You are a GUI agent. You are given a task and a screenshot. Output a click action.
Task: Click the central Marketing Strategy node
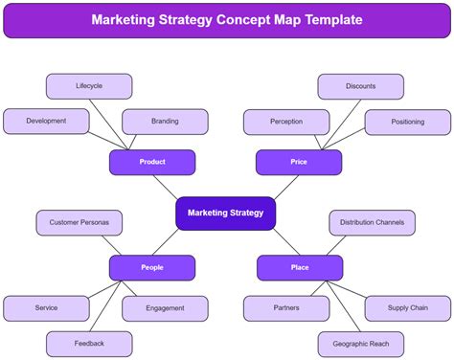225,213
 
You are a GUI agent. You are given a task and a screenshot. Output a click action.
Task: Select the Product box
152,162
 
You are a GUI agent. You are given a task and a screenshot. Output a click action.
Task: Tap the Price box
299,162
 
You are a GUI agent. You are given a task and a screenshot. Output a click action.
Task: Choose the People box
152,267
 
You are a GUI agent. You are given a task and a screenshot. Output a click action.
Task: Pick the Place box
300,267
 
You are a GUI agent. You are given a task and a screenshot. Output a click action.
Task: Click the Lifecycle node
89,86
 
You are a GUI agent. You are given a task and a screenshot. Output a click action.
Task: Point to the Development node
46,122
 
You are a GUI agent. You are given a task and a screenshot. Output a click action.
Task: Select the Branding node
165,122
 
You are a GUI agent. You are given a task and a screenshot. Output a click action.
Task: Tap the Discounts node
361,86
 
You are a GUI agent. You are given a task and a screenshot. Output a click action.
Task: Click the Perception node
286,122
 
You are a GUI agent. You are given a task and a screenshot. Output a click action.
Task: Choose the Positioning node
407,122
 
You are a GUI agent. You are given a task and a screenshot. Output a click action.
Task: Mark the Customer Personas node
79,222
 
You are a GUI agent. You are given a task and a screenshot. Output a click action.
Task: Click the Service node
46,308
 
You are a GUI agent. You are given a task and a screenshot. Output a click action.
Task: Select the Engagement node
165,308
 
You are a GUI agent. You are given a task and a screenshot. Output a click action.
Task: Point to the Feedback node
89,343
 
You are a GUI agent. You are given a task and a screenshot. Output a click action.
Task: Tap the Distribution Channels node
372,222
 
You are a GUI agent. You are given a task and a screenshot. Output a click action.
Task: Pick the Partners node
286,308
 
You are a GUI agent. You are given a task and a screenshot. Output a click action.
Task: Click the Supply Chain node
407,308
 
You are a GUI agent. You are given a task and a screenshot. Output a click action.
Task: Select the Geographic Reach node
361,343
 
